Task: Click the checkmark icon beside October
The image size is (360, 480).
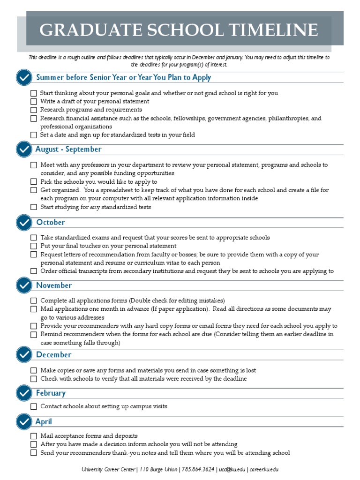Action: pyautogui.click(x=23, y=222)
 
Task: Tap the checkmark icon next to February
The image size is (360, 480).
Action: pyautogui.click(x=23, y=393)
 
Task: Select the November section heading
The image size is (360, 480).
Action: pyautogui.click(x=54, y=285)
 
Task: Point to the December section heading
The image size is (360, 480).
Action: pyautogui.click(x=53, y=354)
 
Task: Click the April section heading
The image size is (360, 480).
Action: pyautogui.click(x=44, y=421)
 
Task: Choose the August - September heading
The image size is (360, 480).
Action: pyautogui.click(x=68, y=149)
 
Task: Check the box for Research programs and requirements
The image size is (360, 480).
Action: pyautogui.click(x=34, y=110)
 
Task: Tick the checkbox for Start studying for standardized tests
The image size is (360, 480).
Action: pyautogui.click(x=34, y=207)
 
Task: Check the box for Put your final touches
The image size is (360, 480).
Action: pyautogui.click(x=34, y=246)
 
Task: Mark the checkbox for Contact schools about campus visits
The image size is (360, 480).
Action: pyautogui.click(x=34, y=406)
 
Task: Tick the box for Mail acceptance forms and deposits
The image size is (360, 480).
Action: pyautogui.click(x=34, y=436)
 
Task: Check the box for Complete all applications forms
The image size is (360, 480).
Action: pyautogui.click(x=34, y=300)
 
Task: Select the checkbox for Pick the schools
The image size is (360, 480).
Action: pyautogui.click(x=34, y=182)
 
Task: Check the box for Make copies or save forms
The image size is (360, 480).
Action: pyautogui.click(x=34, y=370)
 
